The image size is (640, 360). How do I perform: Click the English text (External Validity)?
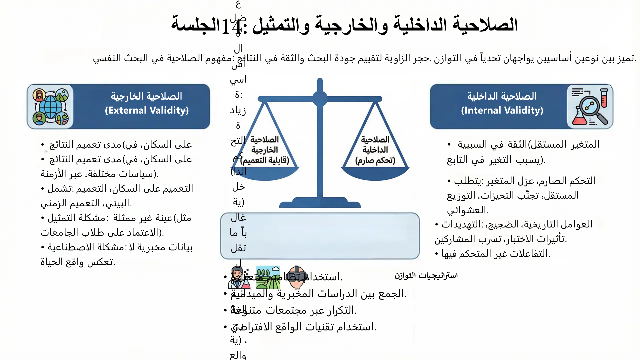(x=147, y=110)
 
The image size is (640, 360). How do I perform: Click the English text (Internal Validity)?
(x=502, y=110)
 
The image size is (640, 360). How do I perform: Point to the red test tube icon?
(x=604, y=97)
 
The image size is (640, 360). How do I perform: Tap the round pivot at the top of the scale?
(x=320, y=99)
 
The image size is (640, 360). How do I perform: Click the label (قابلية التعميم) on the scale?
(x=265, y=160)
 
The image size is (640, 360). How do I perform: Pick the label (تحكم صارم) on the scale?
(x=375, y=160)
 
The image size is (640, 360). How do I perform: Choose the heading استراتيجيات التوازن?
(x=426, y=276)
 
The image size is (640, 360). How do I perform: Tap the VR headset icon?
(x=296, y=277)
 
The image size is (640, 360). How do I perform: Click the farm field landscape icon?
(x=268, y=277)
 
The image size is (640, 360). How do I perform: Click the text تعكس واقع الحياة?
(x=78, y=262)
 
